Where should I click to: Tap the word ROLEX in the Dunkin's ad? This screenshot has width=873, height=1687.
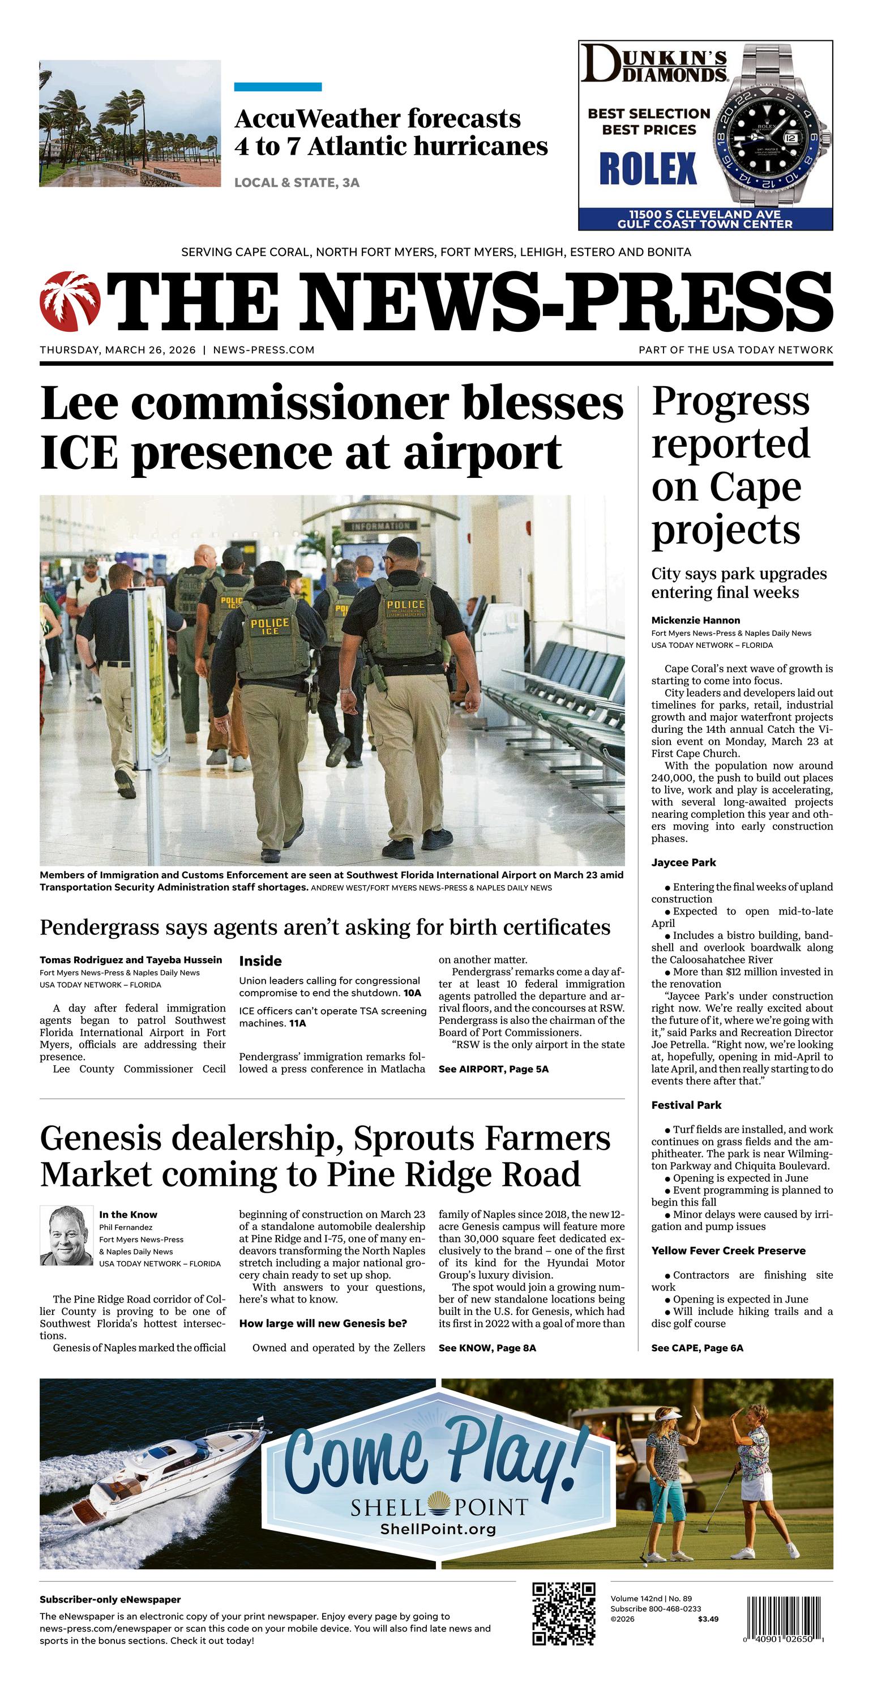point(648,169)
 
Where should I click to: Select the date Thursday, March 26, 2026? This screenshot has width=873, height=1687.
point(118,350)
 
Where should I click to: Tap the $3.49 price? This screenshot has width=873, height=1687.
point(708,1619)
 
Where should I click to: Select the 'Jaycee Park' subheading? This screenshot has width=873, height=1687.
point(683,862)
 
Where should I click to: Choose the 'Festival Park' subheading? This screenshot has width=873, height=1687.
point(686,1105)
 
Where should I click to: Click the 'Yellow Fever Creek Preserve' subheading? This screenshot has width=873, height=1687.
point(727,1250)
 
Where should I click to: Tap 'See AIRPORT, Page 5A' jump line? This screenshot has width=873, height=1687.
point(493,1069)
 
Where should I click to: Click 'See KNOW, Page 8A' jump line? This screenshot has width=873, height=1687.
point(487,1348)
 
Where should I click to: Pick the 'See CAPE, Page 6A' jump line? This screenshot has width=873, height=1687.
point(697,1348)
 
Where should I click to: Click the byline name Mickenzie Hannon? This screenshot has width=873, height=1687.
point(695,620)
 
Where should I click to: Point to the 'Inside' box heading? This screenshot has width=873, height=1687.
point(260,961)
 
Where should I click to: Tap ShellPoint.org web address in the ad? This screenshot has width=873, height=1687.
point(438,1528)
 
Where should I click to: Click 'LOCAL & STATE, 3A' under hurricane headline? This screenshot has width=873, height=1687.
point(297,183)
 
